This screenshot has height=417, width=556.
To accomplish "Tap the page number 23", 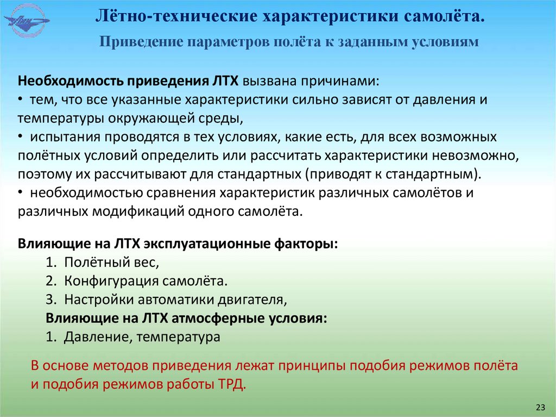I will click(540, 407).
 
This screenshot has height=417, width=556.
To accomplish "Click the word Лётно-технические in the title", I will click(174, 16).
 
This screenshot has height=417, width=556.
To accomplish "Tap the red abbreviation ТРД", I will click(231, 384).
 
